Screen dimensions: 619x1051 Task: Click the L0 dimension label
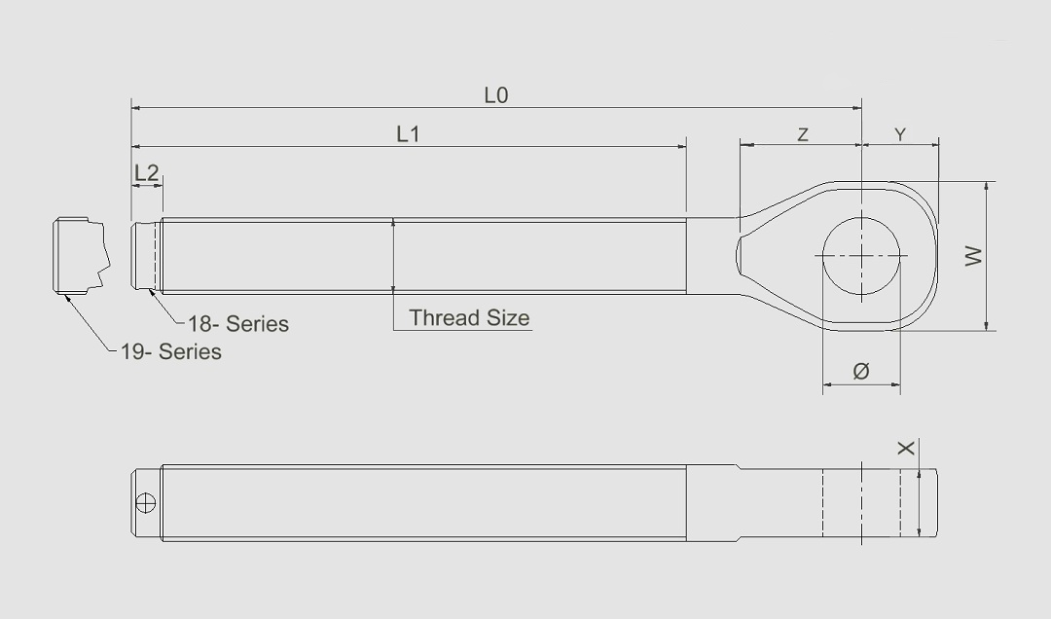496,95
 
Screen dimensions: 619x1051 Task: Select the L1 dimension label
408,134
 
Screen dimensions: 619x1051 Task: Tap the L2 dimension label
146,173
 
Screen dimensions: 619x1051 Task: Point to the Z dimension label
803,134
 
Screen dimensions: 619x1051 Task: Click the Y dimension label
901,134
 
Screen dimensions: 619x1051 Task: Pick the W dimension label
973,256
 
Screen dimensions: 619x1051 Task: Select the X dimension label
906,448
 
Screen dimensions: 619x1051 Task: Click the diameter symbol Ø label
860,371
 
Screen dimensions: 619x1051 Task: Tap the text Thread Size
469,317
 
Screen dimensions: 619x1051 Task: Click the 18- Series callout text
238,323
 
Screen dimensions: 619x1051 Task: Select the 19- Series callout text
171,351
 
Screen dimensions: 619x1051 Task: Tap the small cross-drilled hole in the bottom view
146,502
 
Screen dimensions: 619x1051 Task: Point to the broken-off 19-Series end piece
78,255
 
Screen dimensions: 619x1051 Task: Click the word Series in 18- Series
257,323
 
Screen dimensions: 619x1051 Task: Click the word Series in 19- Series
190,351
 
